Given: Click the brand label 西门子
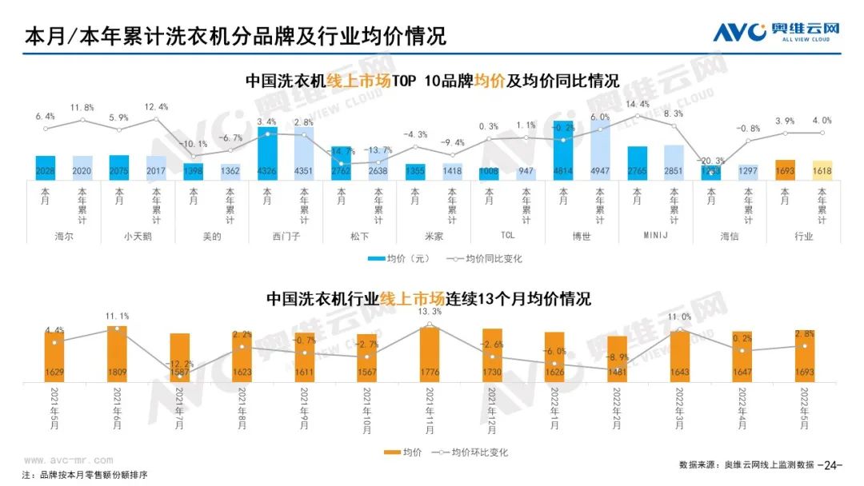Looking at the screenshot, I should click(285, 236).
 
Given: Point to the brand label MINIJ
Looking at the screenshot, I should click(654, 236).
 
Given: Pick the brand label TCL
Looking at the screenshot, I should click(507, 236).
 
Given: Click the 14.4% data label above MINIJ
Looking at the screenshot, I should click(637, 105).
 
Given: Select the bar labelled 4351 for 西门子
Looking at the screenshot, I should click(304, 153).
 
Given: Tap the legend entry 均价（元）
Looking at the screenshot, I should click(398, 258).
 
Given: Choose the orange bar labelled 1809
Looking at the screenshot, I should click(117, 353).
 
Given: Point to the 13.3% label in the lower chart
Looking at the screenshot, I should click(430, 312).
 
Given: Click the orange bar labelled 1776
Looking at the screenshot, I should click(430, 354).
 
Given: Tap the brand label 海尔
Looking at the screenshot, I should click(64, 236).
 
